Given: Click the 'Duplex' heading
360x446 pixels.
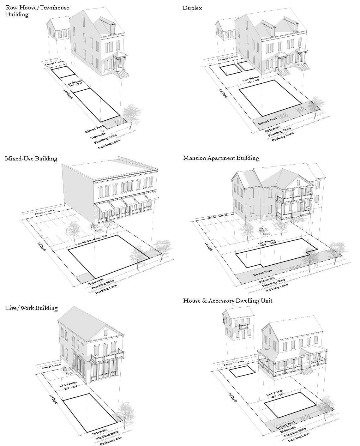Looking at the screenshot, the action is pos(192,8).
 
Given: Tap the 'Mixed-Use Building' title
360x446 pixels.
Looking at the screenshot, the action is pos(31,159).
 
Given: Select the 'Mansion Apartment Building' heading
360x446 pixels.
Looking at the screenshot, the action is pos(221,158).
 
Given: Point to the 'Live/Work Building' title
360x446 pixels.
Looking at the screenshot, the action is pos(32,308).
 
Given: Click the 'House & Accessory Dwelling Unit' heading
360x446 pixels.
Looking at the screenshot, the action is pos(228,301).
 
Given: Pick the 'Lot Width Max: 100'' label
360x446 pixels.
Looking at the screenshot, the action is pos(92,240).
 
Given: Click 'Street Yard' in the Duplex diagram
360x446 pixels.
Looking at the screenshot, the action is pos(267,120).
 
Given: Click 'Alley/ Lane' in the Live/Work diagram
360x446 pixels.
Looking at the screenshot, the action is pos(51,367).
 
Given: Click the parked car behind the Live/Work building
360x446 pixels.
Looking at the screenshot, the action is pos(67,370).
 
